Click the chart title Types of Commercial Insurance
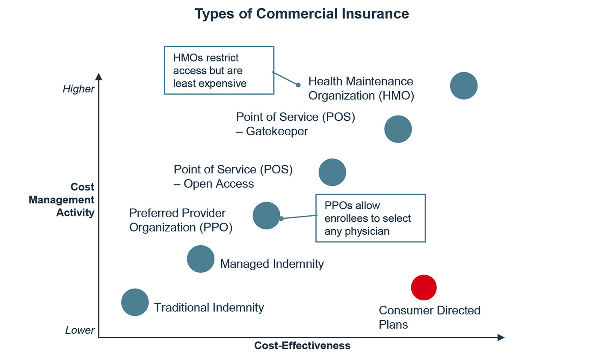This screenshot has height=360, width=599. click(302, 14)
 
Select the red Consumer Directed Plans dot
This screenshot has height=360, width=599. click(424, 288)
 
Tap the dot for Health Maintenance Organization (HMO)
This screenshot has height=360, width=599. click(463, 86)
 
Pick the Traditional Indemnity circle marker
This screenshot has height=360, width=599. click(135, 302)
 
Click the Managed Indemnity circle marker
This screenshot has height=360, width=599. click(201, 259)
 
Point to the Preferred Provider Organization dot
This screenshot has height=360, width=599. click(266, 216)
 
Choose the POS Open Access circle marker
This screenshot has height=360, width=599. click(332, 172)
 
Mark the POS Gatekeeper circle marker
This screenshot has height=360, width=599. click(398, 129)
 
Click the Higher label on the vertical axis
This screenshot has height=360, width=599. click(78, 89)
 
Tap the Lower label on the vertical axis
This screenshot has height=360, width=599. click(80, 330)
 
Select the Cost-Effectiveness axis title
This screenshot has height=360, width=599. click(302, 345)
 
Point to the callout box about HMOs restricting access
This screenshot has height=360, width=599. click(219, 70)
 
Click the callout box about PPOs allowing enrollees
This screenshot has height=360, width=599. click(370, 218)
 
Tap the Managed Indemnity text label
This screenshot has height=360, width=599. click(272, 264)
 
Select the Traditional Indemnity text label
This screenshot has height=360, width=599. click(209, 307)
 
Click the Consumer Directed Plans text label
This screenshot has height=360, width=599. click(430, 317)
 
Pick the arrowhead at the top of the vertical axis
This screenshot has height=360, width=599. click(98, 77)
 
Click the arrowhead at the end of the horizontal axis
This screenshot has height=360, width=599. click(501, 337)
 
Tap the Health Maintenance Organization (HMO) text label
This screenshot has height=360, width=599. click(361, 88)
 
